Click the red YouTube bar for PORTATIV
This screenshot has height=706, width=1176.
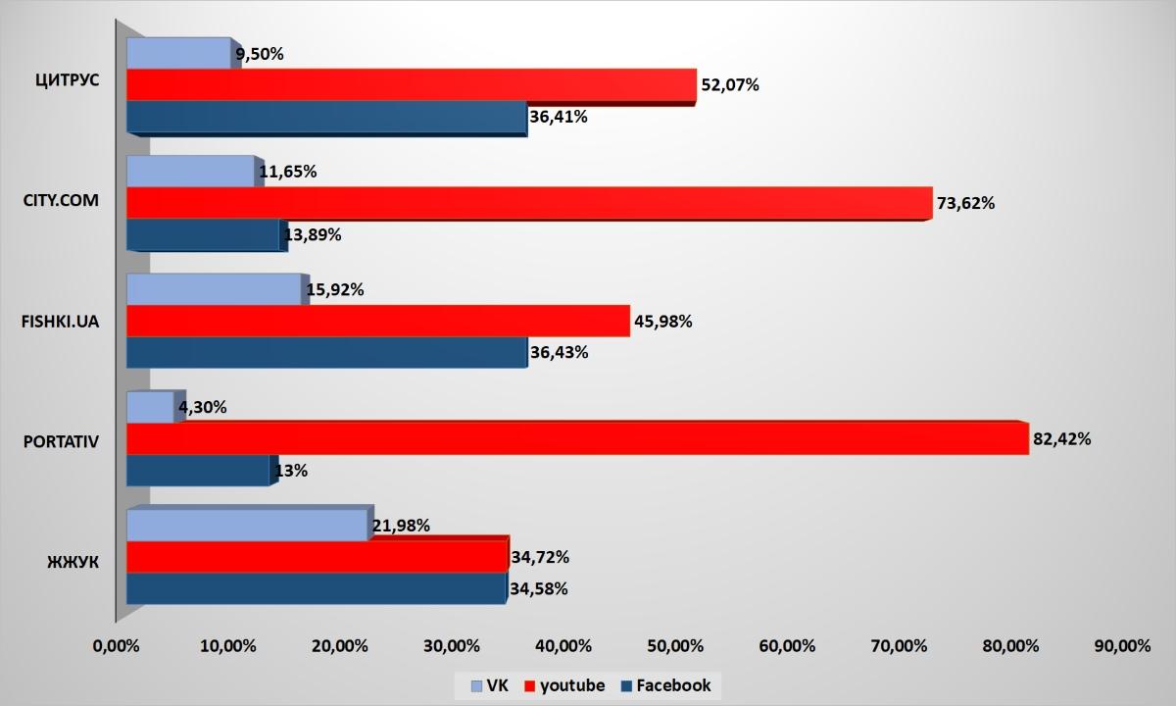pyautogui.click(x=578, y=439)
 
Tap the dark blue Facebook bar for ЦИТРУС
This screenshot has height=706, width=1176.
pyautogui.click(x=326, y=118)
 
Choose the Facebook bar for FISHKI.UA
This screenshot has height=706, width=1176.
pyautogui.click(x=326, y=353)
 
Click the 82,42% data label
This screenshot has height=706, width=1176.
pyautogui.click(x=1062, y=439)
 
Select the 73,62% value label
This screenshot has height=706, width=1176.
pyautogui.click(x=966, y=204)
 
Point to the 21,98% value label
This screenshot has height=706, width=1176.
pyautogui.click(x=404, y=526)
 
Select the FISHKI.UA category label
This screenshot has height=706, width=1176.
pyautogui.click(x=61, y=321)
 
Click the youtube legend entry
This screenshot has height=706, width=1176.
pyautogui.click(x=567, y=685)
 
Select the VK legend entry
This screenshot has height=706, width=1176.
pyautogui.click(x=490, y=685)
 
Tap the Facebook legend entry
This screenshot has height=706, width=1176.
pyautogui.click(x=666, y=685)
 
